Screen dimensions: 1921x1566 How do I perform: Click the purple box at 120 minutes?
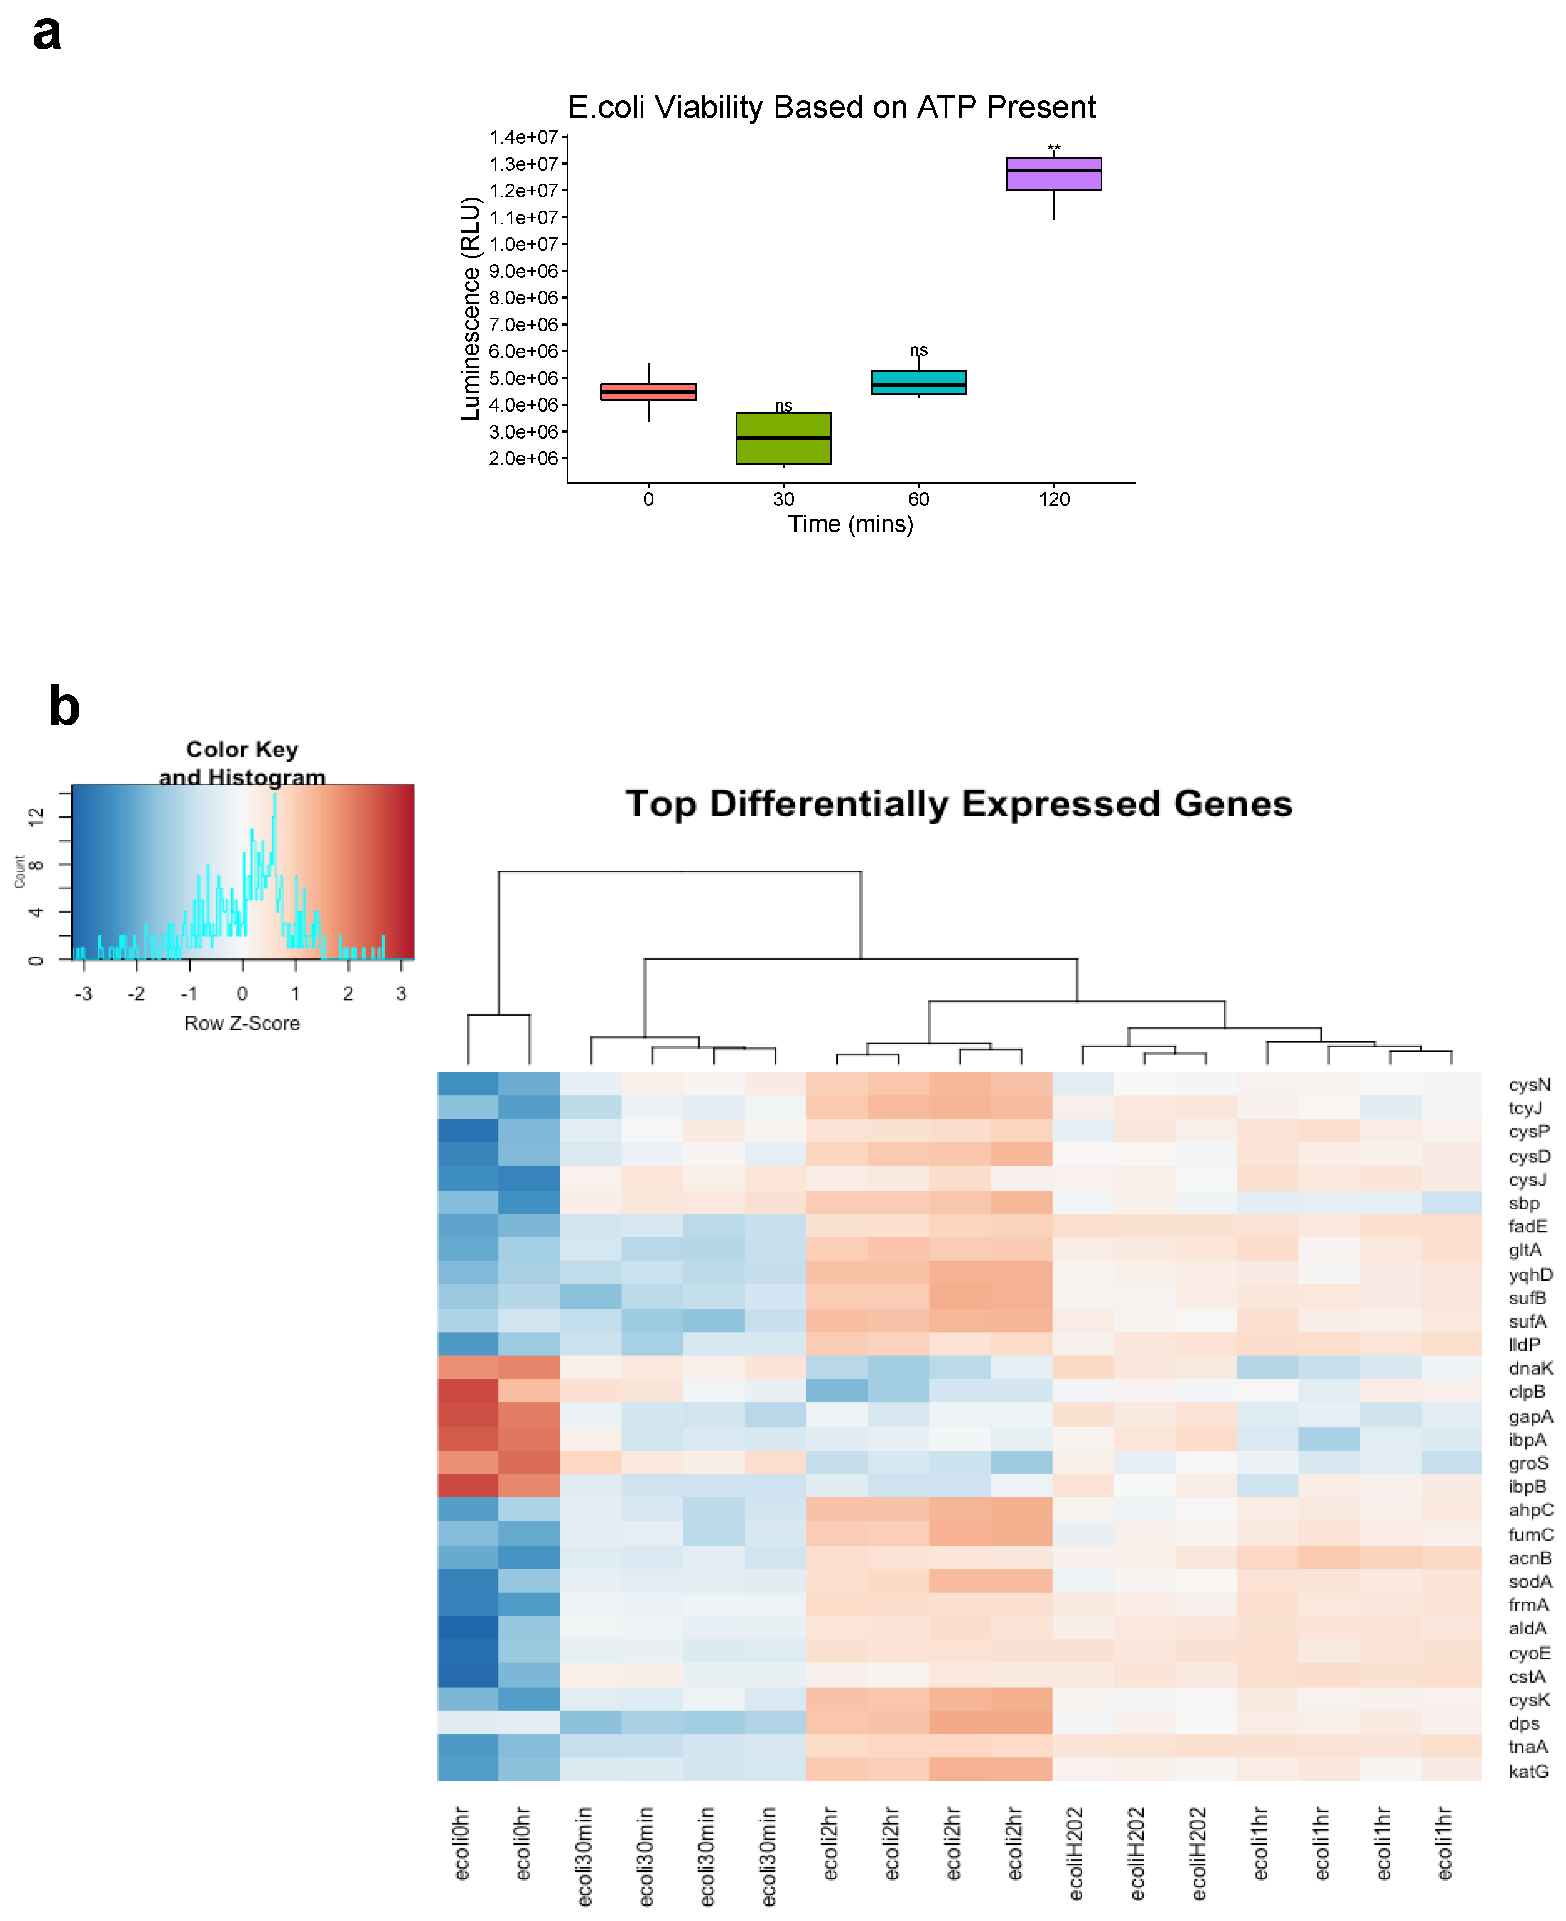pos(1053,174)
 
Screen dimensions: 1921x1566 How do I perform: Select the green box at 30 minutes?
pos(783,439)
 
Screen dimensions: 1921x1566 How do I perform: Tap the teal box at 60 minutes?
pos(918,382)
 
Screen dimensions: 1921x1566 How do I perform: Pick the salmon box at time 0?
pos(648,392)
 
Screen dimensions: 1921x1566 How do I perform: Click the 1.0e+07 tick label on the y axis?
pos(523,245)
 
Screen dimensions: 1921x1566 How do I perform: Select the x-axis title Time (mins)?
pos(851,524)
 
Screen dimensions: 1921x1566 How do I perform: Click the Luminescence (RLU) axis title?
pos(470,309)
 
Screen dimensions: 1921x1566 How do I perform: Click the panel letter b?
pos(64,706)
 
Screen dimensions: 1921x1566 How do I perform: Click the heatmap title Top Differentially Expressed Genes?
pos(959,804)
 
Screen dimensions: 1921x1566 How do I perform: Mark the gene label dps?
pos(1524,1723)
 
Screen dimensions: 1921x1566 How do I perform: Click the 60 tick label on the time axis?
pos(918,499)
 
